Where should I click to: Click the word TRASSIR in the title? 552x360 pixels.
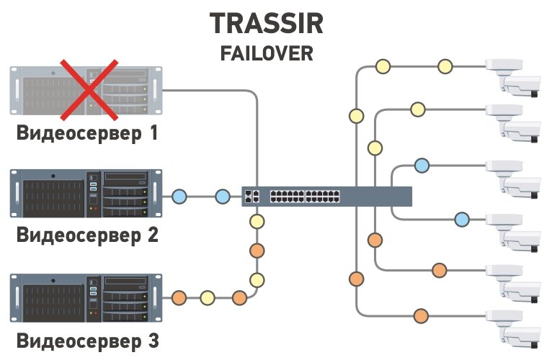267,23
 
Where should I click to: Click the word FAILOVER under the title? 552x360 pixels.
267,54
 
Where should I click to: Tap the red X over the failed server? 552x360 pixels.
88,89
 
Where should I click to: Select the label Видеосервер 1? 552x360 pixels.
87,133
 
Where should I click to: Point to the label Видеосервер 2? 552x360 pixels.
87,235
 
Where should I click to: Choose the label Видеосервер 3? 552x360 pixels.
87,338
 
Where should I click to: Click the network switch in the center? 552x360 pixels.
326,196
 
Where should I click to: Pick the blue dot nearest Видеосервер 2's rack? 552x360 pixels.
179,196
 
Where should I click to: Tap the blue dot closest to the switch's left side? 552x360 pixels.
221,196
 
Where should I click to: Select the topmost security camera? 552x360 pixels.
514,75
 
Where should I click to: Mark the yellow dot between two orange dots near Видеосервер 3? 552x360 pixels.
208,297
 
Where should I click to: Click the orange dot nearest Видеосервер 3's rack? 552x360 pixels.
179,297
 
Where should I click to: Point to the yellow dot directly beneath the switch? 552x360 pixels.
255,220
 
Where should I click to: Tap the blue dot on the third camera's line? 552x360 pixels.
422,166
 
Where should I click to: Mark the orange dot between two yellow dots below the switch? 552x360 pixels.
255,251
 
